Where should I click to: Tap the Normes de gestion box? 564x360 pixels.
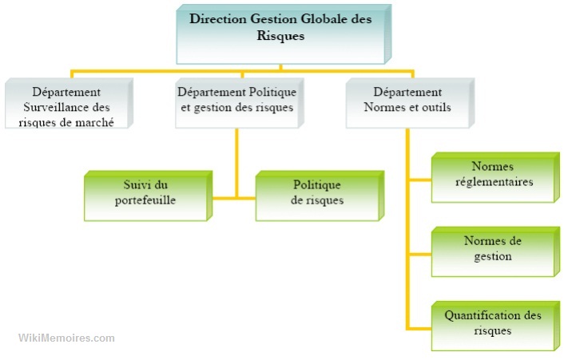click(x=492, y=251)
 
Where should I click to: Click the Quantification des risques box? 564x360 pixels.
click(x=492, y=324)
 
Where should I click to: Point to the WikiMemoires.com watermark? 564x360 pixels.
click(x=66, y=338)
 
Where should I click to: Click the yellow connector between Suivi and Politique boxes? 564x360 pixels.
click(x=237, y=196)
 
